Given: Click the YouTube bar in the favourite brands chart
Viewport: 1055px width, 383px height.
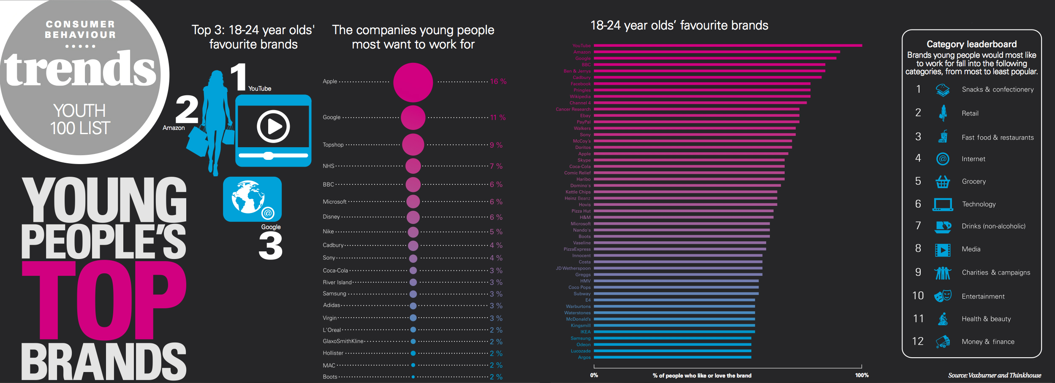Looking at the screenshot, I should coord(727,46).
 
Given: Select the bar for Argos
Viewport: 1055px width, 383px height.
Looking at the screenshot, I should coord(672,357).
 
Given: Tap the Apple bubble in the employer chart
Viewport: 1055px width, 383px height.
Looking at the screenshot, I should coord(413,82).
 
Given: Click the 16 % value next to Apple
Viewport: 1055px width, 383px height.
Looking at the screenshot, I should coord(498,81).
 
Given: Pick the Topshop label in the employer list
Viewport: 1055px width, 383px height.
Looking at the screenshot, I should coord(333,145).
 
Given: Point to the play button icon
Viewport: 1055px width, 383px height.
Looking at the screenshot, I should coord(273,126).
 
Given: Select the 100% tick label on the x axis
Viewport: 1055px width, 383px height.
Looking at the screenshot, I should coord(862,375).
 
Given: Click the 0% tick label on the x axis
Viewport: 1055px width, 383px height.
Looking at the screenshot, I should coord(594,375).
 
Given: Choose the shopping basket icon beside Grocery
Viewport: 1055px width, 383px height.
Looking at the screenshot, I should coord(942,181).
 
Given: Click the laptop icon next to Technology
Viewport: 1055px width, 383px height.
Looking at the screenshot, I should coord(943,204).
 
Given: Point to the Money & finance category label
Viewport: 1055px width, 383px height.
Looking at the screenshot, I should coord(988,342).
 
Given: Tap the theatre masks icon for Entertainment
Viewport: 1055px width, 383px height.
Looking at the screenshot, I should coord(942,296).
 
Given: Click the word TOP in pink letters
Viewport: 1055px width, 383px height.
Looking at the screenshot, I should coord(103,299).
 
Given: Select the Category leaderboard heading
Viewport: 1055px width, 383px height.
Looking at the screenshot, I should coord(971,44).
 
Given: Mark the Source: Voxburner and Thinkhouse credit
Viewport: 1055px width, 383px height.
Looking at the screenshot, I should coord(994,375).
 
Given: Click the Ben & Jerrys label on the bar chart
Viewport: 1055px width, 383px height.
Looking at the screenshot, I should coord(577,71).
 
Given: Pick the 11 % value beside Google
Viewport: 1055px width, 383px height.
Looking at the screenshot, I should coord(498,117).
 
